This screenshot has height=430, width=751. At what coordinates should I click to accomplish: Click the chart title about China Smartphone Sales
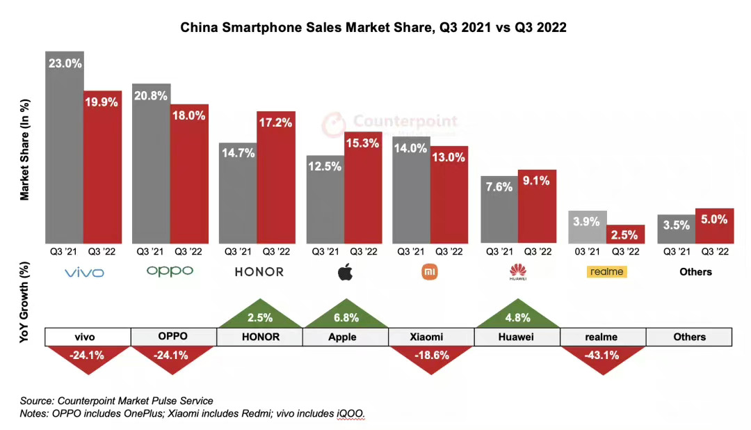coord(373,28)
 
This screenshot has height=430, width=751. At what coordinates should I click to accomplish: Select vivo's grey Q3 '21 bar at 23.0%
coord(65,146)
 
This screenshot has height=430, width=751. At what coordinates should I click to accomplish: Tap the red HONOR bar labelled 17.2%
coord(276,177)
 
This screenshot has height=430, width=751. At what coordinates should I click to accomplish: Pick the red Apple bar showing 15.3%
coord(363,188)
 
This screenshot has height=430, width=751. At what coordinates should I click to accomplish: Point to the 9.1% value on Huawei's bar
coord(537,181)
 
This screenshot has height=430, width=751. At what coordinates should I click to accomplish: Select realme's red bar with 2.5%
coord(626,234)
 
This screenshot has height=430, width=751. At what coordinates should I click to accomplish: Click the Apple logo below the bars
coord(345,272)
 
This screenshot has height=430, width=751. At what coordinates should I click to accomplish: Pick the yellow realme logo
coord(606,272)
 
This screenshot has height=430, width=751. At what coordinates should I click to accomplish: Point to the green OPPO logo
coord(170,271)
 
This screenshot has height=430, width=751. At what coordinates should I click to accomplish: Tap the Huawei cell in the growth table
coord(517,337)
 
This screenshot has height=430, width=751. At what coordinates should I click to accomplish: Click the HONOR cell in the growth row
coord(259,337)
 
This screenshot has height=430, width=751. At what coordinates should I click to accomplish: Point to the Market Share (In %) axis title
coord(25,150)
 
